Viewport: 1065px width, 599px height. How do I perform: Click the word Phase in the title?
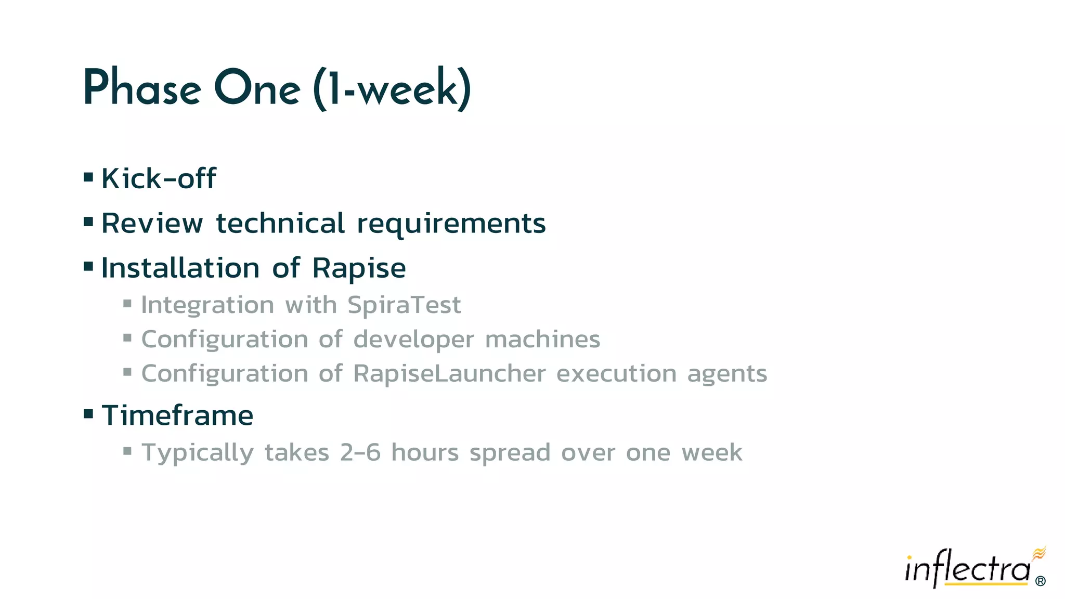click(x=142, y=88)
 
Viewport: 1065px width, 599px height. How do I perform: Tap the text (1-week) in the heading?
click(x=393, y=88)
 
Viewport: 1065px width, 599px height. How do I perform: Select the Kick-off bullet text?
click(x=159, y=178)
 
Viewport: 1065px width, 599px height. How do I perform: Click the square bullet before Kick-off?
click(x=88, y=178)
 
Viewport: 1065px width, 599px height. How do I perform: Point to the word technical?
click(x=280, y=224)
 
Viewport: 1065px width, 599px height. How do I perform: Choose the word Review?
click(x=152, y=224)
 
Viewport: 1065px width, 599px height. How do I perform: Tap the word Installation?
click(x=180, y=268)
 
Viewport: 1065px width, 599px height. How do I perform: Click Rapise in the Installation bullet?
click(x=359, y=268)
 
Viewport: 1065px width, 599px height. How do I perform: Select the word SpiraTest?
click(x=404, y=305)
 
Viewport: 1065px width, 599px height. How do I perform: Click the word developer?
click(x=413, y=340)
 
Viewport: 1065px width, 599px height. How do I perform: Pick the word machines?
click(x=542, y=339)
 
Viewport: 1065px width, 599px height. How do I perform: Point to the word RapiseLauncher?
click(x=449, y=373)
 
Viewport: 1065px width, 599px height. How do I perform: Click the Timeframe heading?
click(x=177, y=415)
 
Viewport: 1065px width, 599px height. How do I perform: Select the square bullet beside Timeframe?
click(x=88, y=414)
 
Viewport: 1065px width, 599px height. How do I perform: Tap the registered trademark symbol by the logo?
click(x=1040, y=581)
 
